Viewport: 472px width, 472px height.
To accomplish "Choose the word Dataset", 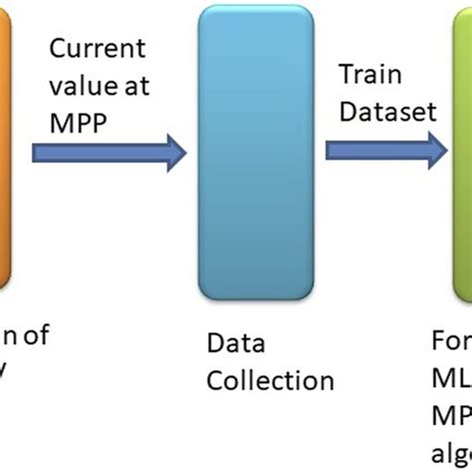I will [x=386, y=111].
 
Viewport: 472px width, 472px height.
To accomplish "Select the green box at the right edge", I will [x=462, y=149].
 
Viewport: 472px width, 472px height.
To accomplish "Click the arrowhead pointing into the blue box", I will [x=174, y=151].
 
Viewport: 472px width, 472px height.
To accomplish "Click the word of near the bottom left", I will [x=36, y=337].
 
